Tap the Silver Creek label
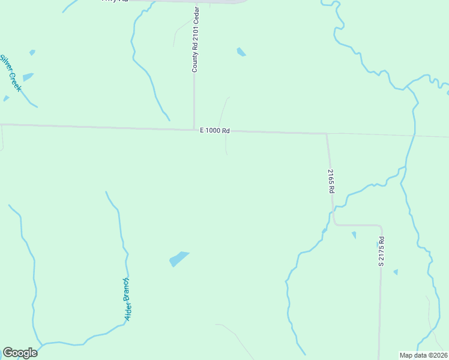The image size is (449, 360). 11,73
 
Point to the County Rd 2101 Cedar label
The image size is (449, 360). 195,37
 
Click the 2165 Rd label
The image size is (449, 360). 331,181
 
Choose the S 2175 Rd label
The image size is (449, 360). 381,251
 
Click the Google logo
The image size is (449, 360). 20,353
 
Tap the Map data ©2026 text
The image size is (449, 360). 424,355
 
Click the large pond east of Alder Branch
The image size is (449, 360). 178,259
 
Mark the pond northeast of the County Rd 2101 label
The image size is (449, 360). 241,52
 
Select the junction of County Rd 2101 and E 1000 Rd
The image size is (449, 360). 194,128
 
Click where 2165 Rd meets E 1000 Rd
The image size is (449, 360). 327,133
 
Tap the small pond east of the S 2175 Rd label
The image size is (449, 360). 396,272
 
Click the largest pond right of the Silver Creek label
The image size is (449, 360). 28,77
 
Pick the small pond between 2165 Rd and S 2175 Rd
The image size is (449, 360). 354,235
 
